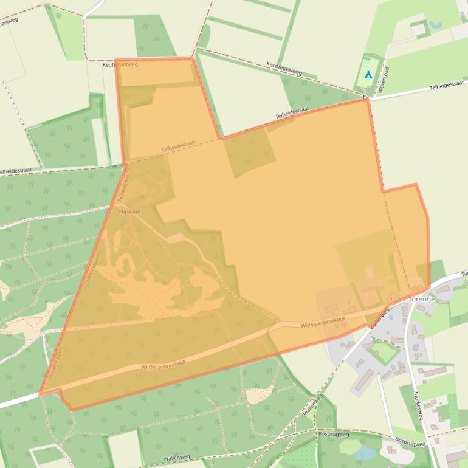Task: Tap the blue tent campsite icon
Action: click(x=368, y=75)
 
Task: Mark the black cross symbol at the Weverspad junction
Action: click(x=364, y=97)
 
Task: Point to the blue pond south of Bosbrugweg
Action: click(x=366, y=453)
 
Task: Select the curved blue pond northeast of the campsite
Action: click(x=436, y=26)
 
